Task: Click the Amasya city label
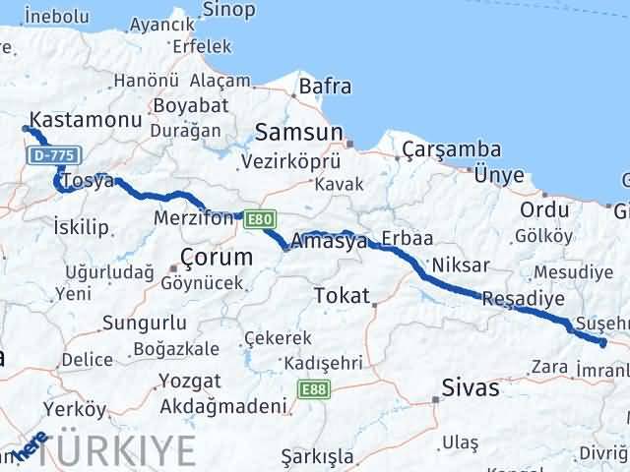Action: coord(330,241)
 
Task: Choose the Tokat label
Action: coord(342,295)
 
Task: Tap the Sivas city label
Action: coord(471,387)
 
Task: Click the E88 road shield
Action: coord(315,390)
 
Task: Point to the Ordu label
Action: coord(544,209)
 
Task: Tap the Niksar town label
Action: coord(460,265)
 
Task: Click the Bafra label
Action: coord(324,87)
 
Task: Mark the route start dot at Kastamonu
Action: coord(26,128)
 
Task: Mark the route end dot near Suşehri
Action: coord(602,342)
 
